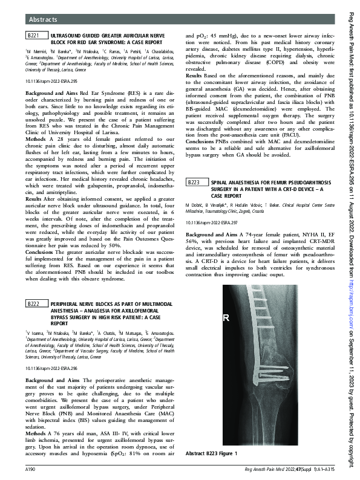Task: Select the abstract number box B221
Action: (34, 37)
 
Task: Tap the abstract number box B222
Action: (34, 303)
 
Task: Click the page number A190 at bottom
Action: (31, 469)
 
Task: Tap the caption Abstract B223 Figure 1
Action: (211, 453)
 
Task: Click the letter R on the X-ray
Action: (227, 318)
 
